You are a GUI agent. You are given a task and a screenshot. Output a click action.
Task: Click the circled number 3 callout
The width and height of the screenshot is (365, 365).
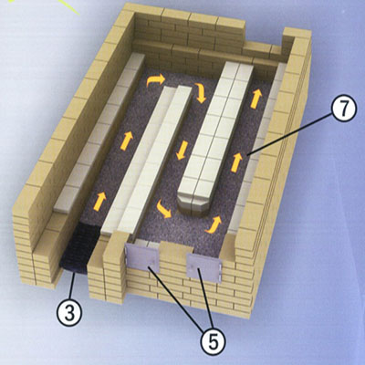(69, 312)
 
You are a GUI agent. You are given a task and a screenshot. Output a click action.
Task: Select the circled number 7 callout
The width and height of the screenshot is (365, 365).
(343, 109)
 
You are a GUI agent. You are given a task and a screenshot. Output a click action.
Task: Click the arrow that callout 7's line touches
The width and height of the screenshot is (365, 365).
(236, 162)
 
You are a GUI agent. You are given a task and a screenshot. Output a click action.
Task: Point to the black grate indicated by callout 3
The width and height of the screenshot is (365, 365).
(76, 249)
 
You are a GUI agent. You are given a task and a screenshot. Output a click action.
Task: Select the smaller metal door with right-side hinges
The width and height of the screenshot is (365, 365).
(203, 266)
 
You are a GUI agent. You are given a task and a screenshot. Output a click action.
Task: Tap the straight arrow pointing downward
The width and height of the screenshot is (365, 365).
(181, 150)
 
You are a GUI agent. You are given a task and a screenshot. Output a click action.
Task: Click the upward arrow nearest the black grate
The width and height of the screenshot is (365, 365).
(100, 201)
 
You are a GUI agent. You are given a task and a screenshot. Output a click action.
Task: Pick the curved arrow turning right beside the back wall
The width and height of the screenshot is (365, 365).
(156, 80)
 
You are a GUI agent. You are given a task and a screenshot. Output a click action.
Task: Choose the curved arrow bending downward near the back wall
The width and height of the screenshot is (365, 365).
(200, 92)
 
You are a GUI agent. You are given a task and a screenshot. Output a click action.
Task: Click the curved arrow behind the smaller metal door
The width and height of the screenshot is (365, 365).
(214, 224)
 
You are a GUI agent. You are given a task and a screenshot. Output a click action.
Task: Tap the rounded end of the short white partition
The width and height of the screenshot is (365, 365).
(194, 204)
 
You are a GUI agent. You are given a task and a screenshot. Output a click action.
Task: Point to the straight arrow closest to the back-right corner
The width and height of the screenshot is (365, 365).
(255, 98)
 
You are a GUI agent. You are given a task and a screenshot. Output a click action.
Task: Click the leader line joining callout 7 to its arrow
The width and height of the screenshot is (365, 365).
(290, 135)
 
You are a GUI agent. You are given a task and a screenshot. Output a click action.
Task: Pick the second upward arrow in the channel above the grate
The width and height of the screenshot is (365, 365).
(127, 141)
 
